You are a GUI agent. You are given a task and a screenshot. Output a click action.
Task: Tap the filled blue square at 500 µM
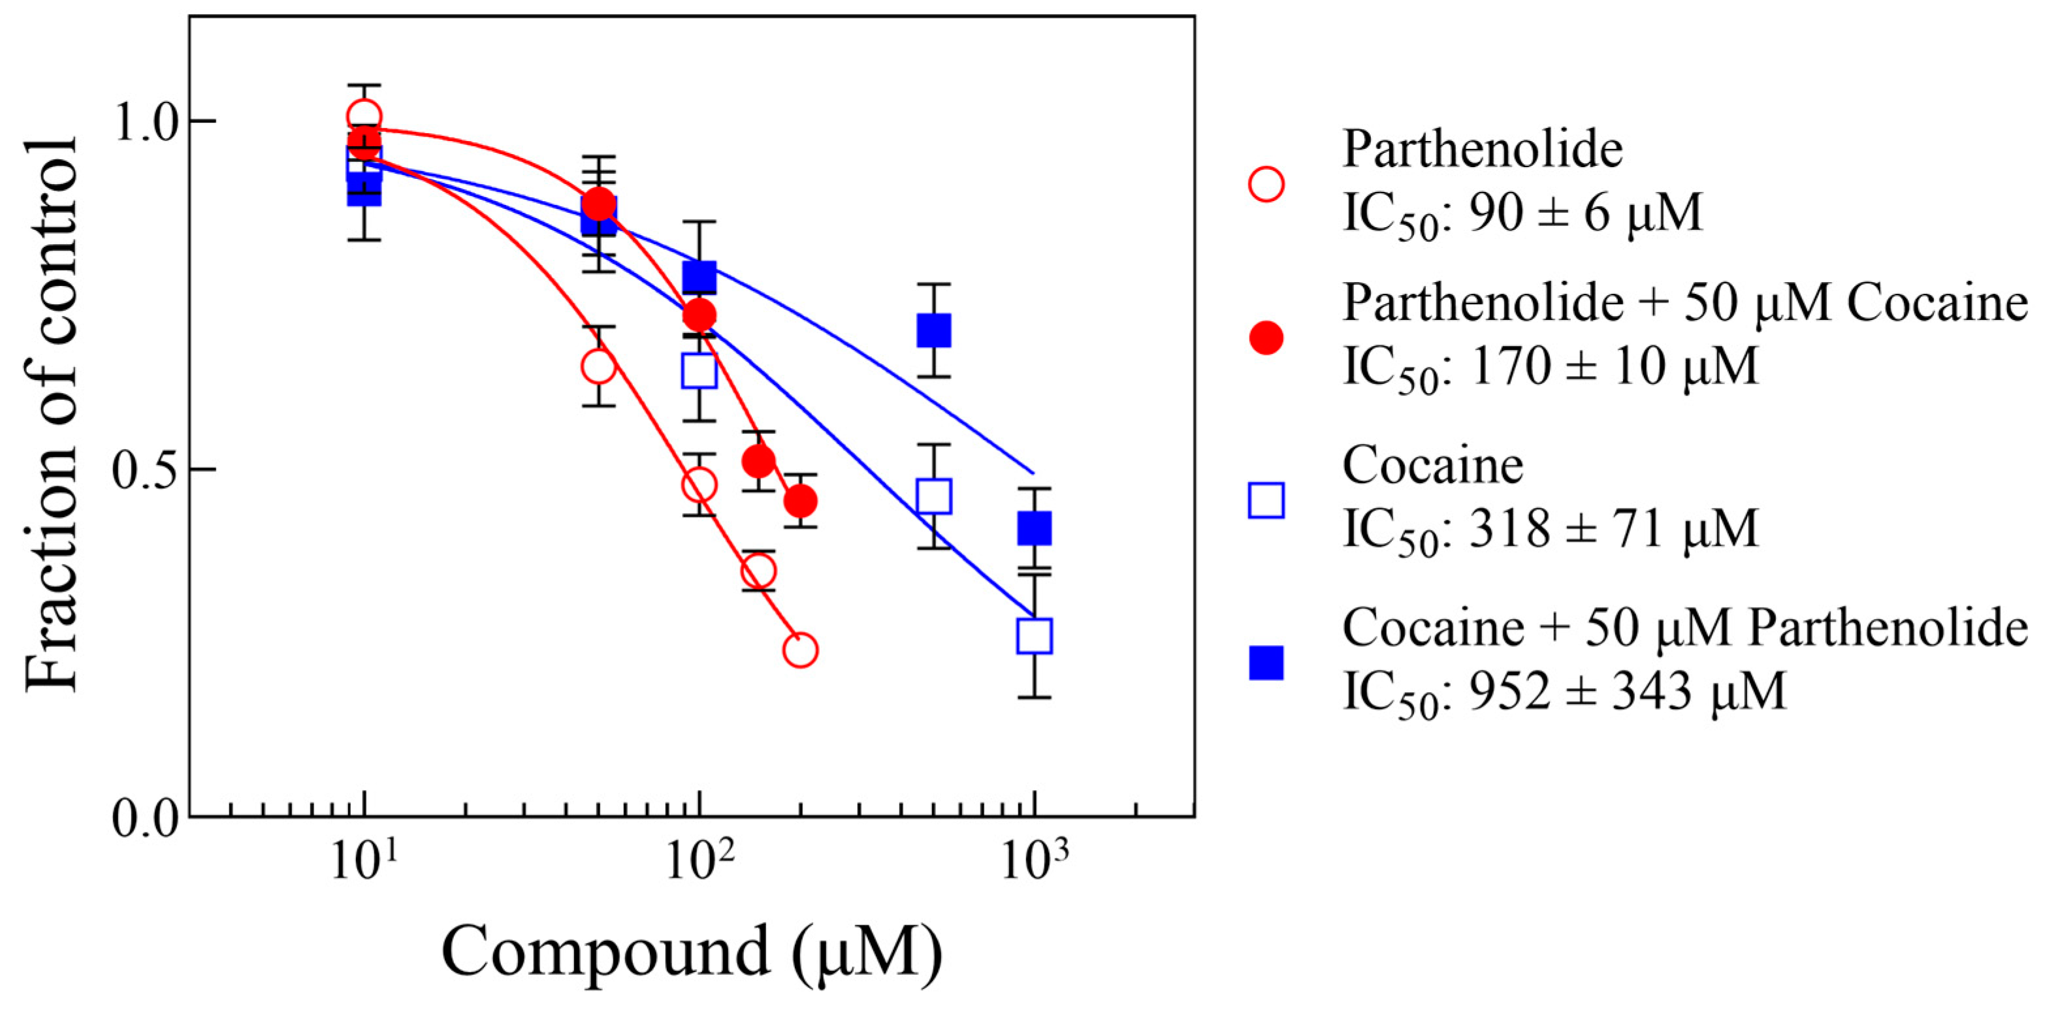coord(935,330)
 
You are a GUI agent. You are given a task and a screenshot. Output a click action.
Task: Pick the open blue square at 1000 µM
coord(1035,636)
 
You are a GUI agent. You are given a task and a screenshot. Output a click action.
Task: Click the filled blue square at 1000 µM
coord(1035,528)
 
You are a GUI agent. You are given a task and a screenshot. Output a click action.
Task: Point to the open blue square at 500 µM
coord(935,496)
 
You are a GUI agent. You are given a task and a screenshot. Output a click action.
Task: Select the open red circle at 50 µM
coord(598,366)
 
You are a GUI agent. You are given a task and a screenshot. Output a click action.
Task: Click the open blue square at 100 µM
coord(700,371)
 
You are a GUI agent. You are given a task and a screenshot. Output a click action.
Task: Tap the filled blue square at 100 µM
coord(700,277)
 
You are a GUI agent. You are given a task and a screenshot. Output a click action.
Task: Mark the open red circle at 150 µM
coord(758,570)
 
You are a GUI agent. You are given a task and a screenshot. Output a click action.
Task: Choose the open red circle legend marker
coord(1266,184)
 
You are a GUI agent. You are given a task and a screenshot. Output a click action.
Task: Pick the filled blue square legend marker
coord(1266,663)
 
